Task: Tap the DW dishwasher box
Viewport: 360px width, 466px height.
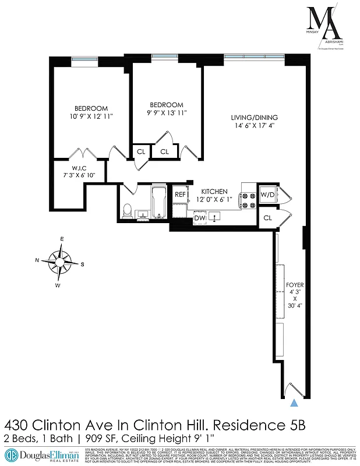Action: click(x=200, y=218)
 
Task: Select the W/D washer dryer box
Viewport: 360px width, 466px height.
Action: click(x=267, y=195)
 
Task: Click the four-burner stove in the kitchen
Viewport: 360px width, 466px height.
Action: click(x=249, y=200)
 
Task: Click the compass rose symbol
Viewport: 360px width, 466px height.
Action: click(x=61, y=261)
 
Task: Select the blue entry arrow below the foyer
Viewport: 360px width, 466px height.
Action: click(x=294, y=402)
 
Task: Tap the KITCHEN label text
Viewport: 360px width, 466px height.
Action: click(x=214, y=191)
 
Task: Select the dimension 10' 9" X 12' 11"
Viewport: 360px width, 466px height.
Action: click(x=91, y=116)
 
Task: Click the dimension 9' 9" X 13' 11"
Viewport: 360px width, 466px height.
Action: click(x=166, y=112)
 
